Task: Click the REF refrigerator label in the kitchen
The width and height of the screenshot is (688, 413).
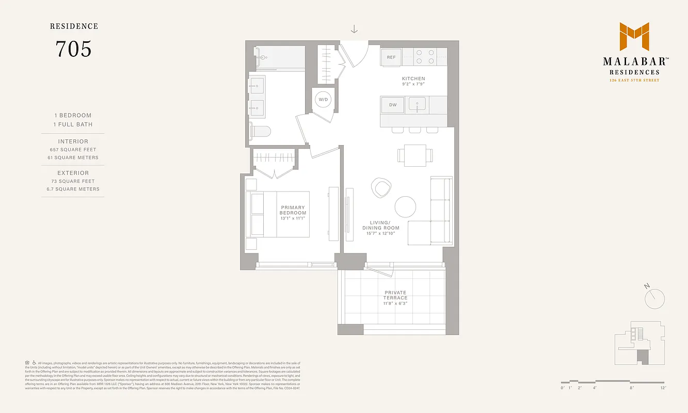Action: click(391, 57)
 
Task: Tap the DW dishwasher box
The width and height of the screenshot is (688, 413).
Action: click(393, 105)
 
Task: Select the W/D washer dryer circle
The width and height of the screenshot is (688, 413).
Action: click(323, 99)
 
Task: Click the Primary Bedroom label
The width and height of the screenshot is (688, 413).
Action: click(293, 210)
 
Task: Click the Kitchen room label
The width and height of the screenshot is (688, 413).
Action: click(413, 78)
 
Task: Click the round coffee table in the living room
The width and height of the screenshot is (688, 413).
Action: click(405, 206)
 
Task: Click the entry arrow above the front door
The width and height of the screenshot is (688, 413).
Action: click(354, 29)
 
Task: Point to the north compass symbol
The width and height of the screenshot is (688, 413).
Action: click(654, 298)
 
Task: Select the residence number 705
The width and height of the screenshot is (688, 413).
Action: click(73, 49)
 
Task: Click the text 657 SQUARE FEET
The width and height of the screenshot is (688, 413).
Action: click(73, 149)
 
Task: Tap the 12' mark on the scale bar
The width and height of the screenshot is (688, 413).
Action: click(663, 387)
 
